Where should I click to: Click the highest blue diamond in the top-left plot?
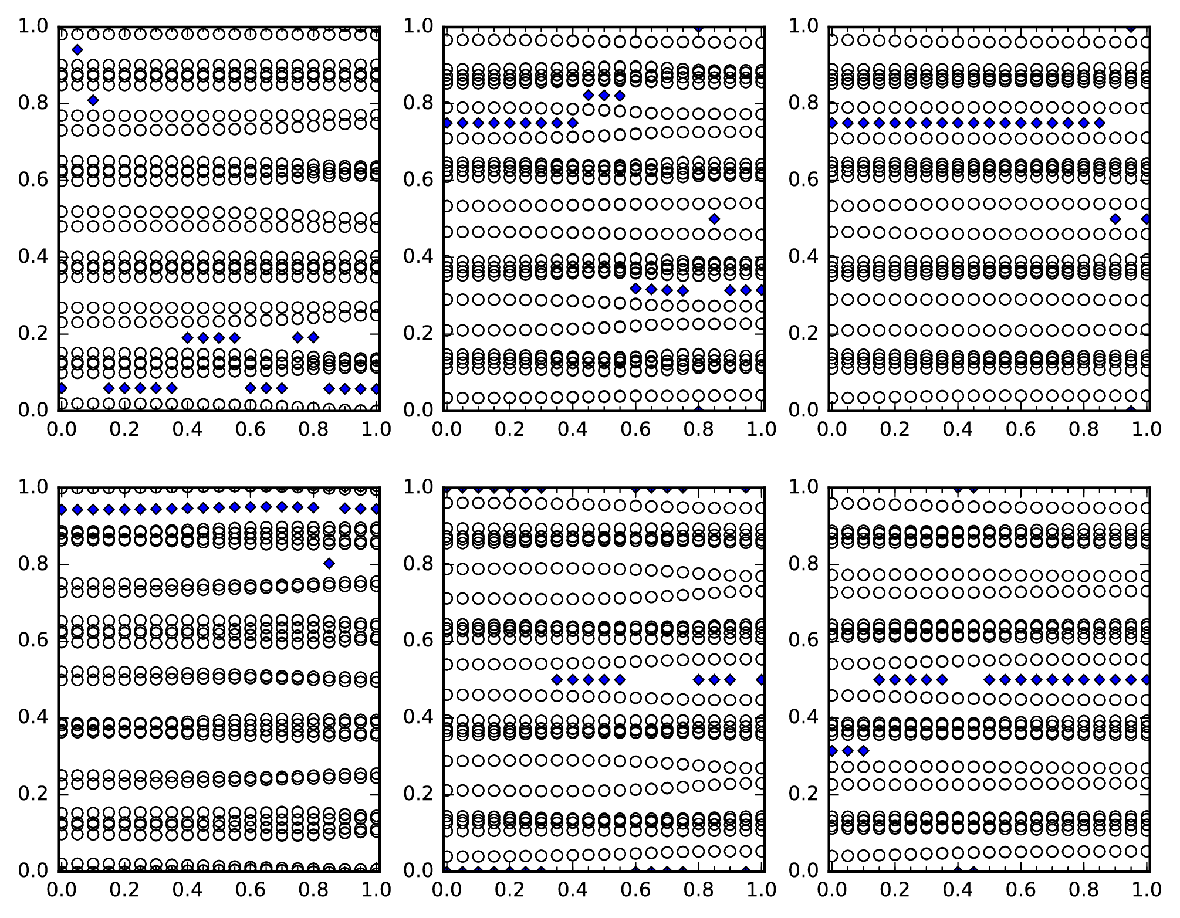tap(77, 49)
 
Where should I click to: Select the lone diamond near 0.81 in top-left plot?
tap(93, 100)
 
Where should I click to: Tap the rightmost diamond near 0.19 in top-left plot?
tap(313, 337)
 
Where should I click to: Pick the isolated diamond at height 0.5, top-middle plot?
tap(714, 219)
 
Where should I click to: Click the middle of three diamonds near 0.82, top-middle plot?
tap(604, 95)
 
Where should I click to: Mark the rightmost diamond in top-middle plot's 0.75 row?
tap(573, 123)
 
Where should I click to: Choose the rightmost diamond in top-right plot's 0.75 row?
tap(1100, 123)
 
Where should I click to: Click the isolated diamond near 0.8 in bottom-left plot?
tap(329, 564)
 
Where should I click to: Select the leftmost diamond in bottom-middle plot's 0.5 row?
tap(557, 680)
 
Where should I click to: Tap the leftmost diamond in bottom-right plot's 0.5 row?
tap(879, 680)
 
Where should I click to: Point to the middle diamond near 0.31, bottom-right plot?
tap(847, 750)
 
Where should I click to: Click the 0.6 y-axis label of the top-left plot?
tap(33, 180)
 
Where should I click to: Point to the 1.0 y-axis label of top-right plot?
tap(803, 26)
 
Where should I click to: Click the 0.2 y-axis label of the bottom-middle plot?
tap(418, 794)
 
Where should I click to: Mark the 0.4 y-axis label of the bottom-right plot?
tap(803, 717)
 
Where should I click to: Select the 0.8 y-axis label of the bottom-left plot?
tap(33, 564)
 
